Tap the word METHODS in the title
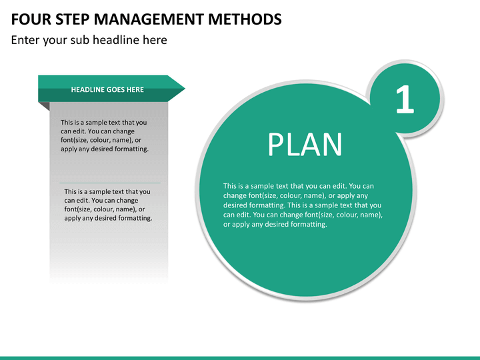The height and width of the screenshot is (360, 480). click(245, 19)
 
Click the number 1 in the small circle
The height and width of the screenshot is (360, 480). click(405, 100)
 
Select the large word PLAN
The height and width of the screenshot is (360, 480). click(305, 145)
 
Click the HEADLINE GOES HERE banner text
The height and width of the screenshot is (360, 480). click(107, 90)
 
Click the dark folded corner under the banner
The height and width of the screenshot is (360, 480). click(44, 105)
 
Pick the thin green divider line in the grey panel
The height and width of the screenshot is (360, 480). click(110, 183)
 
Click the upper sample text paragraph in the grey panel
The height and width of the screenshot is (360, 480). click(104, 135)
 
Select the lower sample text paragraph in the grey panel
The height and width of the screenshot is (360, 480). click(108, 205)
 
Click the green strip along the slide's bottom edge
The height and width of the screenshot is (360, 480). click(240, 357)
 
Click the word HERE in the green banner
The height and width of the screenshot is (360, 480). click(135, 90)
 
